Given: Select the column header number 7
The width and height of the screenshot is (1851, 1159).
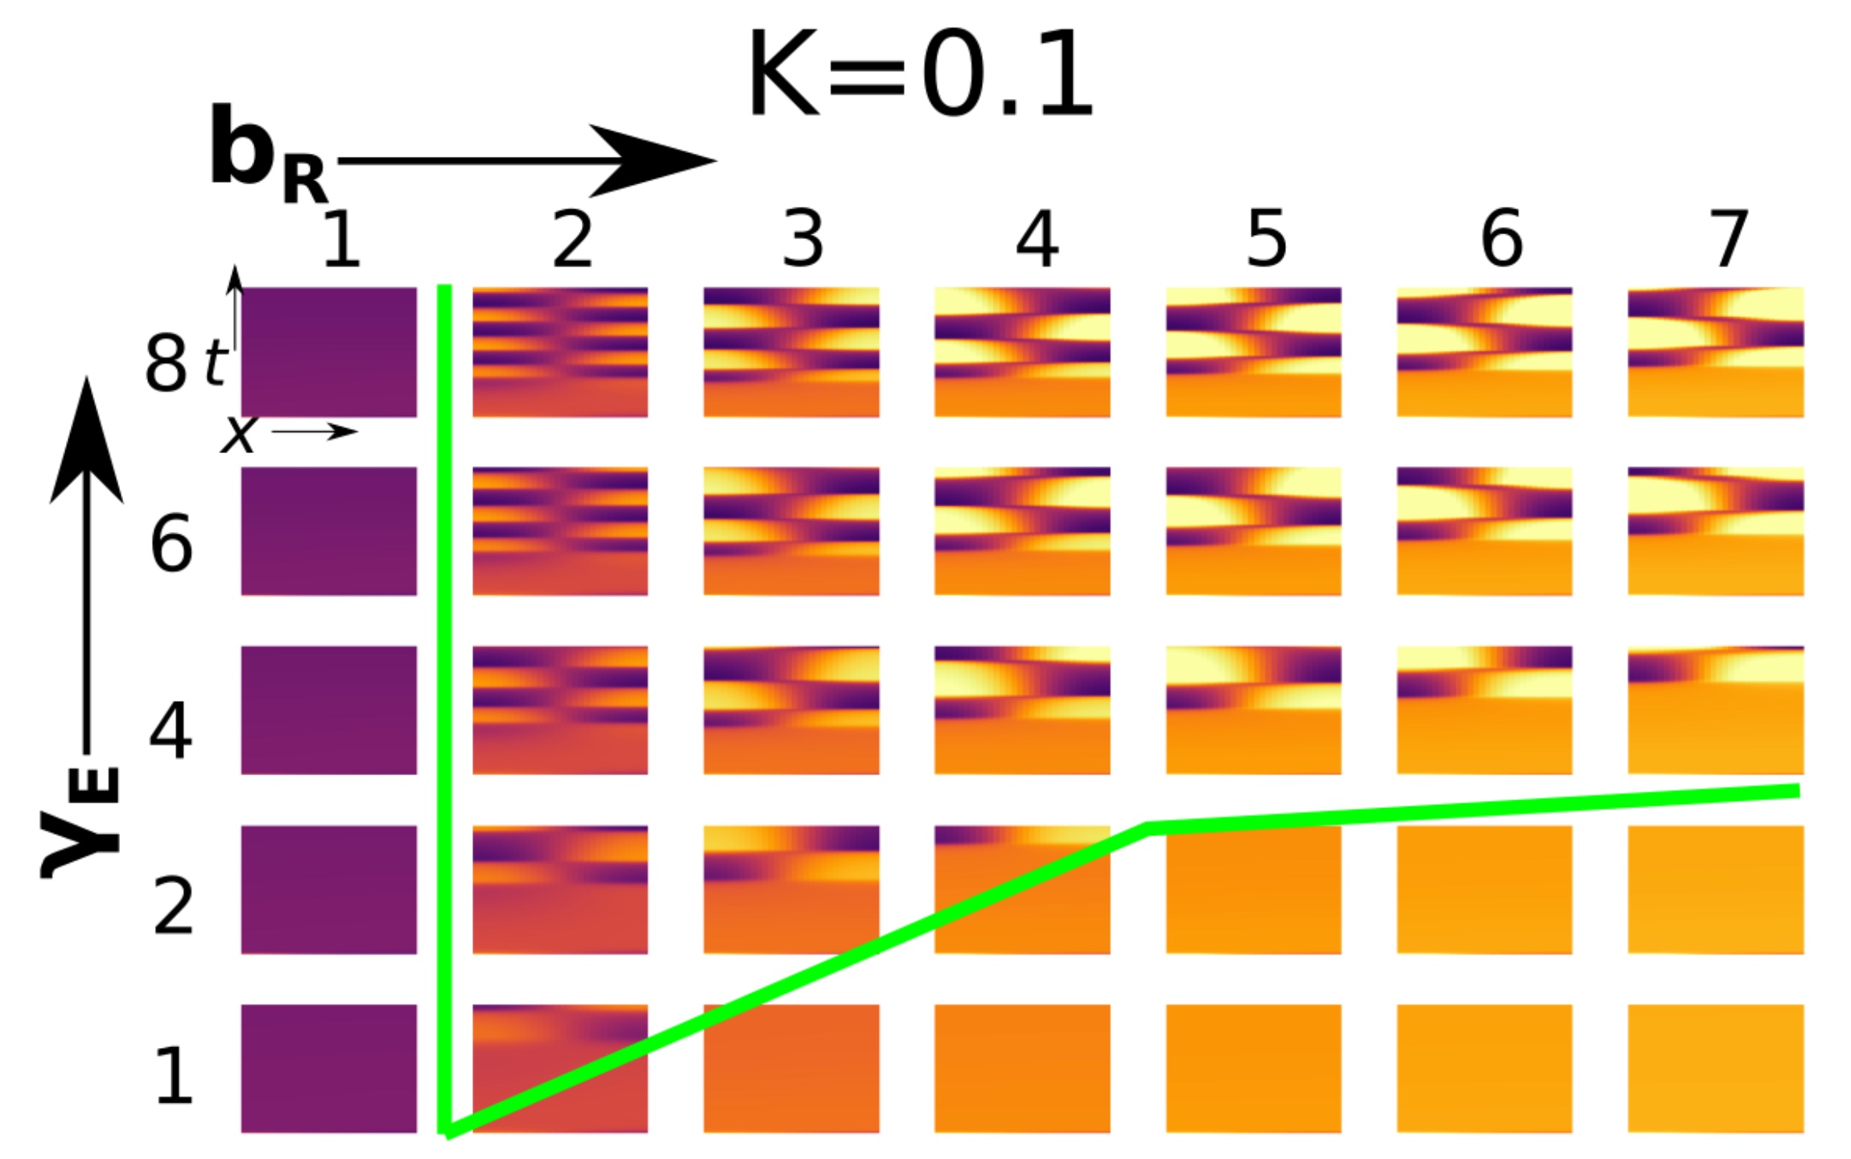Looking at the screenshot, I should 1727,239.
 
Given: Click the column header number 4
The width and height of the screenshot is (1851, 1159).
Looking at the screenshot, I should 1036,239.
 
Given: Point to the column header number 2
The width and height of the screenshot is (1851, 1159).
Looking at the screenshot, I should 572,239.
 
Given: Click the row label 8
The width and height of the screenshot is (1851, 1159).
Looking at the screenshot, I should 166,363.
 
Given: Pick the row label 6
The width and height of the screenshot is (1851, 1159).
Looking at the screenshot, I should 171,545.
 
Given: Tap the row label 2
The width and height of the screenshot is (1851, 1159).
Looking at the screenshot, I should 173,906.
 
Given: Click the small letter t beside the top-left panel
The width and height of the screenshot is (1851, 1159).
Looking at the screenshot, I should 215,362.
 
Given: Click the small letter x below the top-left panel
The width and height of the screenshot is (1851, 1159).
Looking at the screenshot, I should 237,435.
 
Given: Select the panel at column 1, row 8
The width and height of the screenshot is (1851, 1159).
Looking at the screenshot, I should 328,352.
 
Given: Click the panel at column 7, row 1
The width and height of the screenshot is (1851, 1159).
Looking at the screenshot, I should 1715,1068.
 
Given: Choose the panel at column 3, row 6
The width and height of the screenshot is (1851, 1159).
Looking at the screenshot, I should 791,531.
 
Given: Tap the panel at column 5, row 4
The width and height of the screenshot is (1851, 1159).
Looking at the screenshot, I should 1253,710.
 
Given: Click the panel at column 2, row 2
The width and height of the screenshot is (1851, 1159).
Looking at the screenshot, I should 559,889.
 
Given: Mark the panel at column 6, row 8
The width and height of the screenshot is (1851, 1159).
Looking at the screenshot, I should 1484,352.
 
